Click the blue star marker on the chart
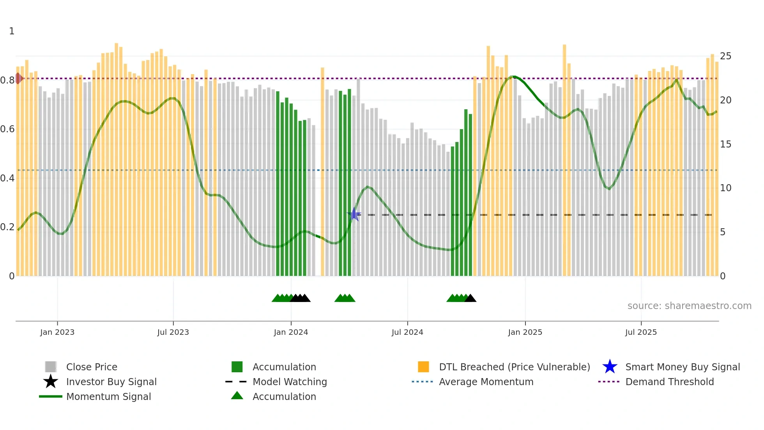coord(354,214)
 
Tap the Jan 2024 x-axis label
coord(291,332)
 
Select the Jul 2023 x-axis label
coord(173,332)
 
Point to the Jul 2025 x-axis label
coord(641,332)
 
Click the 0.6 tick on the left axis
coord(7,129)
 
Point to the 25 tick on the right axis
coord(725,56)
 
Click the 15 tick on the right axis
coord(725,144)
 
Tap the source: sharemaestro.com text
coord(689,306)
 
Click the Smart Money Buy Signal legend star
coord(610,367)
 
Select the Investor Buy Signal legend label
coord(111,382)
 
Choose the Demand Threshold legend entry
coord(669,382)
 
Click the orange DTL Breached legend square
coord(423,367)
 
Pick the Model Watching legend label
coord(290,382)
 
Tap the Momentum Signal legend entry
coord(108,396)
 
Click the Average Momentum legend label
coord(486,382)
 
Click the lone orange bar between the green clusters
coord(322,172)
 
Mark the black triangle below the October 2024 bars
coord(470,298)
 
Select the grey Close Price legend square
coord(51,367)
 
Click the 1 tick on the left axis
coord(12,31)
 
